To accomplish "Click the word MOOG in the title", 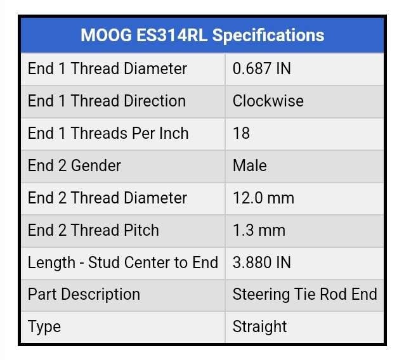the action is coord(106,35).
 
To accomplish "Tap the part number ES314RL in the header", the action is coord(172,35).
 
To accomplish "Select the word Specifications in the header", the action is coord(268,35).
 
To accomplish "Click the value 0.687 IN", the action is coord(261,68).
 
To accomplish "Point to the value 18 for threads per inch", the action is coord(241,133).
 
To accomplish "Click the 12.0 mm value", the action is coord(263,198).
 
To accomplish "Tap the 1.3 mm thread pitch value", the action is coord(259,230).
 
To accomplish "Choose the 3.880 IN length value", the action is coord(261,262).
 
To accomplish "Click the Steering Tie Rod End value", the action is coord(305,294).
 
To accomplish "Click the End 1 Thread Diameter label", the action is coord(107,68).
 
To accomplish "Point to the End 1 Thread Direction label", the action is coord(107,101).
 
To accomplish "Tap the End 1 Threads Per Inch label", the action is coord(108,133).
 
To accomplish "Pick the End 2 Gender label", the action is coord(74,165).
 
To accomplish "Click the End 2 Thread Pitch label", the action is coord(93,230).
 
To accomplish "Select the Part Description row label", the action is coord(84,295).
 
